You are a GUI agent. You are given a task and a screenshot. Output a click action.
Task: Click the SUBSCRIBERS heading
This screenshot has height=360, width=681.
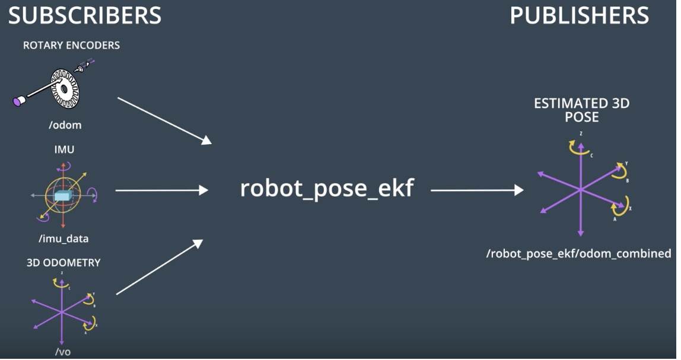tap(85, 15)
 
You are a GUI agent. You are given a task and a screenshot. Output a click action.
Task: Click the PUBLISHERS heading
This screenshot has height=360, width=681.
tap(579, 15)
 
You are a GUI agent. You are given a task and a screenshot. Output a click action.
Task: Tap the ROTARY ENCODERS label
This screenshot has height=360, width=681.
tap(71, 46)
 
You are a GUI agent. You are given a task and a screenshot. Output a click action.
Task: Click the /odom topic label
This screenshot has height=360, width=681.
tap(65, 125)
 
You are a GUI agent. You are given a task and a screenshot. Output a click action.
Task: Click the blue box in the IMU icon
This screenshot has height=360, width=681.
tap(62, 196)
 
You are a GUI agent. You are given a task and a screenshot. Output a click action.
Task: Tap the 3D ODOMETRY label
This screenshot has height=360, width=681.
tap(63, 263)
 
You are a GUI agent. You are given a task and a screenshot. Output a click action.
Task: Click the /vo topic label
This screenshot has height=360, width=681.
tap(63, 352)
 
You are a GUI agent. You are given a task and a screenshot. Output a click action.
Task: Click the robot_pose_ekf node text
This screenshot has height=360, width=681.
tap(326, 188)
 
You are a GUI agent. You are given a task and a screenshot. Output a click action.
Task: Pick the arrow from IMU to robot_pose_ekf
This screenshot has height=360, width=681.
tap(161, 190)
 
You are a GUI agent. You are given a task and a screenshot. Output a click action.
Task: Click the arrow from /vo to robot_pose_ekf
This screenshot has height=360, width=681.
tap(159, 267)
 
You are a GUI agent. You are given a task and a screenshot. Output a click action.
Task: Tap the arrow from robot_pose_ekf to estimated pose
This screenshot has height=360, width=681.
tap(477, 190)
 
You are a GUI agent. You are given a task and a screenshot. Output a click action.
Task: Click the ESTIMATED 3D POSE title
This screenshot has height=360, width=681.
tap(581, 110)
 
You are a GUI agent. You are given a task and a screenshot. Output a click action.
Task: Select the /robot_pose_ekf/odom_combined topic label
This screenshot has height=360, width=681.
tap(578, 254)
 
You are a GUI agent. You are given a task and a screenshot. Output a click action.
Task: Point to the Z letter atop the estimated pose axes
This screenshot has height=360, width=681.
tap(581, 134)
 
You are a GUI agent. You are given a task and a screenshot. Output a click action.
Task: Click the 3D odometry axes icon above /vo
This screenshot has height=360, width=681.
tap(62, 311)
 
